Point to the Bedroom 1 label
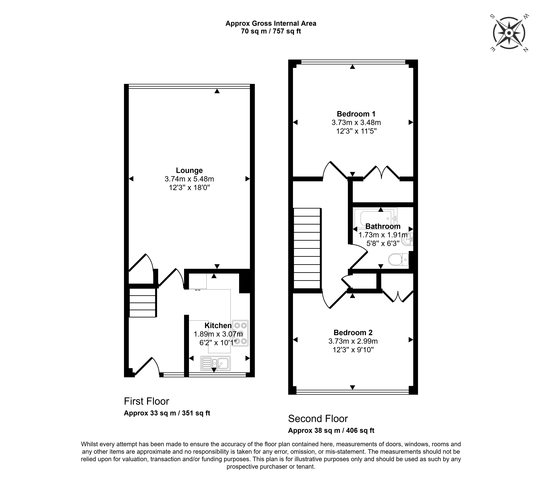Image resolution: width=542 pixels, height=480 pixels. click(x=356, y=114)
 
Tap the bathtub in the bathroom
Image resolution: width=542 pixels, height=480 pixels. click(x=375, y=218)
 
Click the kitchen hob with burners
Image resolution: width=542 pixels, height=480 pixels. click(x=240, y=333)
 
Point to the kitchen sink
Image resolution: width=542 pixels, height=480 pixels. click(x=215, y=363)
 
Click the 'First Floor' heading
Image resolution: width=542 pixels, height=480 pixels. click(x=146, y=401)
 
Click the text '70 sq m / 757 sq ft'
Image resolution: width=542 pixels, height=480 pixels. click(x=271, y=31)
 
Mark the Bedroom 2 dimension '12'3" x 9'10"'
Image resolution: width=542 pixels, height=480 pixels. click(x=353, y=350)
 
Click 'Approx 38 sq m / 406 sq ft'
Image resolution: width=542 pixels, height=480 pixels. click(x=331, y=430)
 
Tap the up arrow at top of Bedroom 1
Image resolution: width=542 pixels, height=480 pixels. click(x=352, y=67)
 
